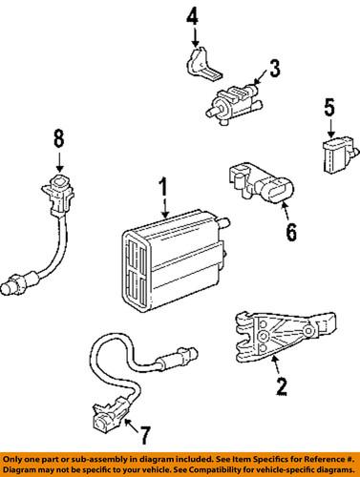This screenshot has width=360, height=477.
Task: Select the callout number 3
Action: click(x=274, y=68)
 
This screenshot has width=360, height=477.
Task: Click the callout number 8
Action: click(x=58, y=139)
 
